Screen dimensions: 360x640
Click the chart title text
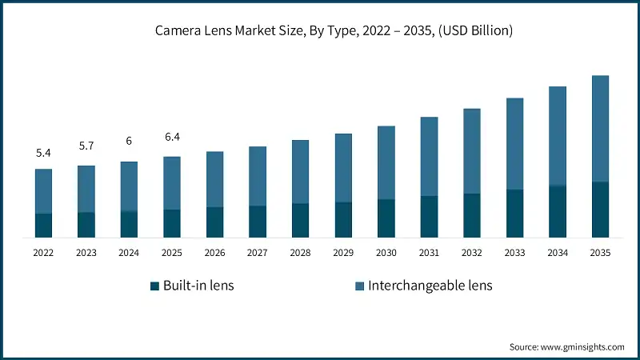point(320,31)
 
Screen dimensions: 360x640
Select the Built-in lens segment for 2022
point(43,226)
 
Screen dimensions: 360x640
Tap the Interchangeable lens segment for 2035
point(600,129)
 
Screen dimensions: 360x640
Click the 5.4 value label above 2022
point(43,152)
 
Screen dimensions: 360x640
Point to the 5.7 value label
point(86,146)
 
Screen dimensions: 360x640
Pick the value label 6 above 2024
point(129,141)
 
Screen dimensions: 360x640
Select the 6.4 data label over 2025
point(172,137)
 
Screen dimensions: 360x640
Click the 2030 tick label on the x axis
point(386,252)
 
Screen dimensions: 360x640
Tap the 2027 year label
point(258,252)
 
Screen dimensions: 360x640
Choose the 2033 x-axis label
point(514,252)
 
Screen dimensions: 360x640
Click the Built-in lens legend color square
point(154,286)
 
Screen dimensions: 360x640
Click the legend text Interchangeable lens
point(430,286)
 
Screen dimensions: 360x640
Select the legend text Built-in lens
point(198,286)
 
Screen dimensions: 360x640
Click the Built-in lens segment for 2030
point(386,218)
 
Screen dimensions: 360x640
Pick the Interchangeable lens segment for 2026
point(214,179)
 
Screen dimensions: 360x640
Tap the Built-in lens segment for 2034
point(557,212)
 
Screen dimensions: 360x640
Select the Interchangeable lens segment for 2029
point(343,168)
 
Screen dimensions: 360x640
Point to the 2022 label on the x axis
point(43,252)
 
